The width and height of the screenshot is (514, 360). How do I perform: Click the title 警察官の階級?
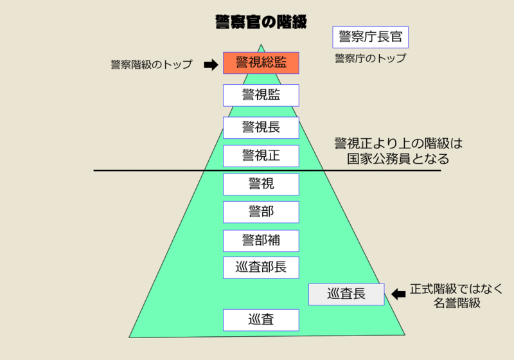[261, 21]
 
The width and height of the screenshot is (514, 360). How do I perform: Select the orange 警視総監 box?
[261, 63]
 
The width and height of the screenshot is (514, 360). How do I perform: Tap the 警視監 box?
[261, 95]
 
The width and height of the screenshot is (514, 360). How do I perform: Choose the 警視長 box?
[261, 127]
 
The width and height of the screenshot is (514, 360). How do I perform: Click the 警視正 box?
[261, 156]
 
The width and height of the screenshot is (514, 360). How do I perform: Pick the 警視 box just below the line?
[261, 184]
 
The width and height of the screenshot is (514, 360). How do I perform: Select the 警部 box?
[261, 212]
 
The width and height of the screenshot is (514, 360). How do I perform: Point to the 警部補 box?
[261, 240]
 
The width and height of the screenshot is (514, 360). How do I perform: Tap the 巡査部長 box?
[261, 267]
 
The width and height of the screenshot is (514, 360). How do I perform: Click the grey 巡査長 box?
[346, 294]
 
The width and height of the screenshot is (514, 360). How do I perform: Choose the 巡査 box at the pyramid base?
[261, 319]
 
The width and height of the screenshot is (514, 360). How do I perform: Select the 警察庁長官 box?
[371, 37]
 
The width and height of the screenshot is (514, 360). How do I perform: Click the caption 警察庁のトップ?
[370, 59]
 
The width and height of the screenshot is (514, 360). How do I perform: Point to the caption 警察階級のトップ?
[152, 64]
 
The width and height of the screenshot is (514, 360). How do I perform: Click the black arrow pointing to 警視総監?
[211, 64]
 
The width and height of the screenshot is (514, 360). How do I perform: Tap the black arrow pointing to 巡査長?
[399, 294]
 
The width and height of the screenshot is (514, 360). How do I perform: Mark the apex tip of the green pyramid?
[261, 44]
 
